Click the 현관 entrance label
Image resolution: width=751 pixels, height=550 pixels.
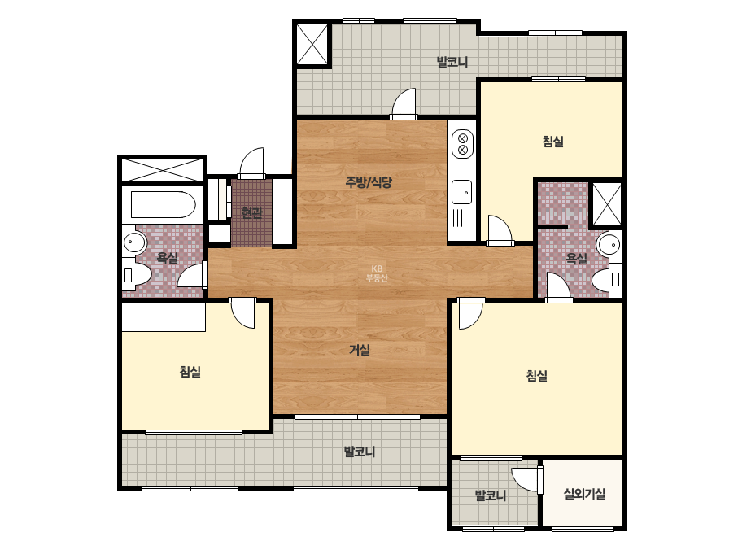coord(252,212)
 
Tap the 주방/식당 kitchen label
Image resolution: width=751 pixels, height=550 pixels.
coord(369,182)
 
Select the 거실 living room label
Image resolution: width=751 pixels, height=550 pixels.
coord(359,350)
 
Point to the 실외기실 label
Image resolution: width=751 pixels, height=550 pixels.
coord(584,494)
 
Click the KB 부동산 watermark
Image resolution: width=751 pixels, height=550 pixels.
coord(377,273)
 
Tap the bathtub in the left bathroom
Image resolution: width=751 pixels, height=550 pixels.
coord(164,204)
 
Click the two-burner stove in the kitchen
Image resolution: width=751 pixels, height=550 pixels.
coord(463,144)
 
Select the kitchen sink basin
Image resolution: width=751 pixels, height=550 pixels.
coord(462,193)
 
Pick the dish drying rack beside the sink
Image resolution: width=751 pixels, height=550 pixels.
coord(461,219)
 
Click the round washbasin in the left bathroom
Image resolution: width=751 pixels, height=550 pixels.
coord(134,242)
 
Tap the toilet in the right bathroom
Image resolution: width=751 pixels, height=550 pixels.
coord(606,279)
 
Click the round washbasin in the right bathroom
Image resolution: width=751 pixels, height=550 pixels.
coord(609,244)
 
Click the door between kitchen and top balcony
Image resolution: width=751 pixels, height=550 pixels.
coord(404,103)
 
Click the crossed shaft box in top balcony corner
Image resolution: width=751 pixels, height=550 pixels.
coord(312,44)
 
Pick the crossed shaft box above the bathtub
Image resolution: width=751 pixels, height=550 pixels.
coord(163,170)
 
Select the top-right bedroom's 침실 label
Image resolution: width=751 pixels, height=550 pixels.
coord(552,142)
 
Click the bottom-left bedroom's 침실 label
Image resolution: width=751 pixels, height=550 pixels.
coord(190,371)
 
